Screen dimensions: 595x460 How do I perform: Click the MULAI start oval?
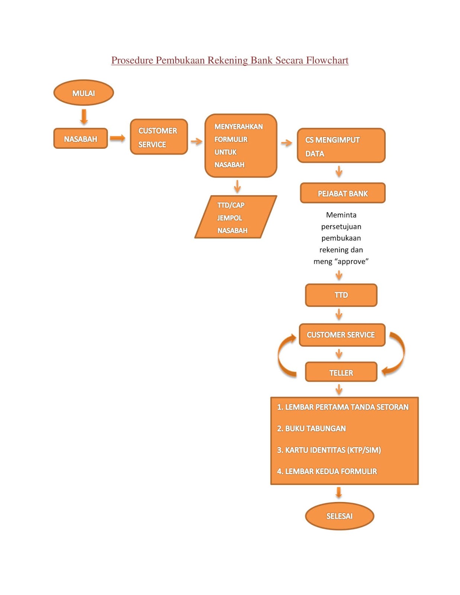coord(83,93)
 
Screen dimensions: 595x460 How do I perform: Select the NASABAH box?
coord(80,139)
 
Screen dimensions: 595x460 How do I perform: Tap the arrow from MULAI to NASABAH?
coord(84,116)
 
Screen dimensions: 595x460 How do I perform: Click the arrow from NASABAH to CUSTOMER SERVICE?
coord(118,138)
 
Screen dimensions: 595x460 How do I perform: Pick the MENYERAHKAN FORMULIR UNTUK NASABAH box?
coord(241,145)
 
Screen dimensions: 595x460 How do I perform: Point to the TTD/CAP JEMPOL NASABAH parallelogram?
coord(235,217)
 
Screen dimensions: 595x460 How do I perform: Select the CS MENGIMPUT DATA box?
coord(341,145)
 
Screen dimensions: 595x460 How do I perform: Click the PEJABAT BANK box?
coord(342,193)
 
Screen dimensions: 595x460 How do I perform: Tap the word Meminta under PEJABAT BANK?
coord(341,215)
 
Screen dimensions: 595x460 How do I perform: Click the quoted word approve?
coord(351,261)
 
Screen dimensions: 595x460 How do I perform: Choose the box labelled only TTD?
coord(341,295)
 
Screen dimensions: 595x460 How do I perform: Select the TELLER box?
coord(341,372)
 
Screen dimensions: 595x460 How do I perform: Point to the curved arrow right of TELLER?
coord(396,353)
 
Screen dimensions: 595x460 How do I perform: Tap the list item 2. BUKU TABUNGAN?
coord(311,428)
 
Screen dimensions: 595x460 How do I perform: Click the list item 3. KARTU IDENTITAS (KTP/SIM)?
coord(329,450)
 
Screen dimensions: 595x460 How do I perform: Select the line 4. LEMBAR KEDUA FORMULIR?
coord(327,471)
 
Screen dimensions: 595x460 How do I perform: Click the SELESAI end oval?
coord(339,516)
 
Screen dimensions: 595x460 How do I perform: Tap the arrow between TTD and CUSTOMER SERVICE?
coord(339,314)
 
